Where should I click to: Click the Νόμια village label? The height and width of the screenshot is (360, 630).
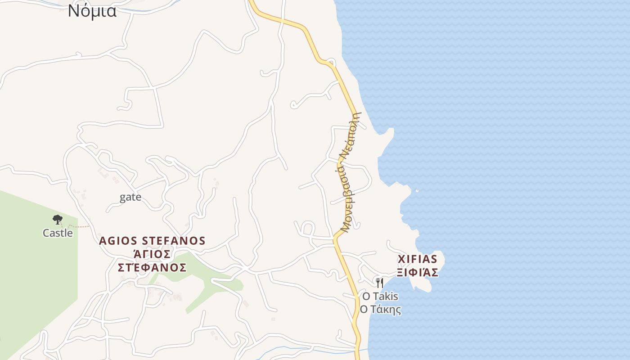pos(92,11)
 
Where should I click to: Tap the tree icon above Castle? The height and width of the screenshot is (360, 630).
pos(57,220)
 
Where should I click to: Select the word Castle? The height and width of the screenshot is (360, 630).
pos(58,233)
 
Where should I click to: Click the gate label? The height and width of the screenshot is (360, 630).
pos(130,197)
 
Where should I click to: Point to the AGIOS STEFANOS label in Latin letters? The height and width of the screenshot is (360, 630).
pos(152,241)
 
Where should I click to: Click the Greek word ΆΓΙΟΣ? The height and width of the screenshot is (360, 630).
pos(152,254)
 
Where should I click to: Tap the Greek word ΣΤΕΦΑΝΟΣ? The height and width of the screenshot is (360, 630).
pos(152,268)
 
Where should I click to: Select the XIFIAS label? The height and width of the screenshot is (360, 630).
pos(418,259)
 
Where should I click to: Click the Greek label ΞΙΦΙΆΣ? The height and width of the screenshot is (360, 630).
pos(418,272)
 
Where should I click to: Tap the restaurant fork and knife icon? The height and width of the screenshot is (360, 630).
pos(380,283)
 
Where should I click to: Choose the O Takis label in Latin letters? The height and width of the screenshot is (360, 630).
pos(380,296)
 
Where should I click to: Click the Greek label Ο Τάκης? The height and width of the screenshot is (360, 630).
pos(380,310)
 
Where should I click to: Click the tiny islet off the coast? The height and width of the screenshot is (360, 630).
pos(417,191)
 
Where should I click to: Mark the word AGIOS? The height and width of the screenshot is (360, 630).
pos(118,241)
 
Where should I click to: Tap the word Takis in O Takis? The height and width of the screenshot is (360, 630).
pos(386,296)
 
